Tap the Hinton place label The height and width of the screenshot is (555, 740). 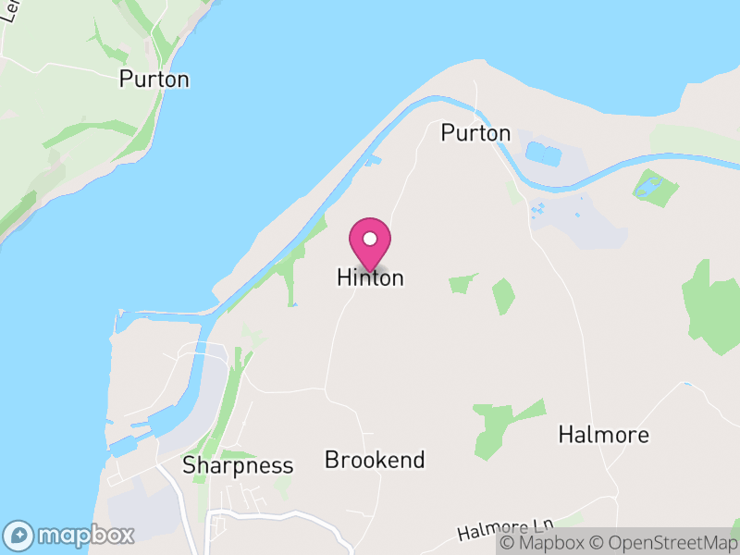tap(370, 277)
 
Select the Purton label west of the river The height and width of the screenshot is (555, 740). tap(154, 80)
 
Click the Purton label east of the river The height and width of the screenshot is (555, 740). tap(475, 133)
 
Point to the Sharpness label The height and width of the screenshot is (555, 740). tap(238, 465)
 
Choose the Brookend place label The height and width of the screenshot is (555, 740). tap(375, 460)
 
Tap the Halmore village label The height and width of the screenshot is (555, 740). tap(604, 435)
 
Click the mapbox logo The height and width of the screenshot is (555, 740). tap(69, 535)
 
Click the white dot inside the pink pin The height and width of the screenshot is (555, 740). tap(370, 239)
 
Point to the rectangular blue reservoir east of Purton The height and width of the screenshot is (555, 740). tap(542, 153)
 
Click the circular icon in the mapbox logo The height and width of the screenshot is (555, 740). tap(18, 535)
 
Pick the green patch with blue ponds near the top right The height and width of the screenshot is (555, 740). tap(655, 187)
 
